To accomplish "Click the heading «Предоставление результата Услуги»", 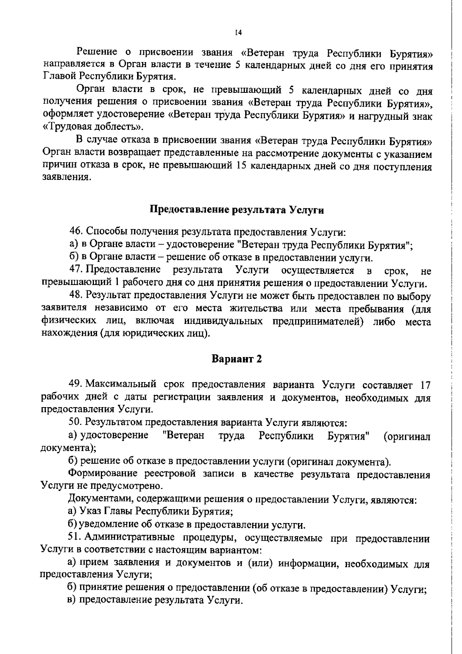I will (236, 210).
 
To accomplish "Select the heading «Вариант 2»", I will (237, 359).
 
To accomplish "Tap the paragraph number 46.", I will (75, 232).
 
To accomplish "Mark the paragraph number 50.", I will (75, 423).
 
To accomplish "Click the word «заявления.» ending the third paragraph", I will (66, 178).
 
